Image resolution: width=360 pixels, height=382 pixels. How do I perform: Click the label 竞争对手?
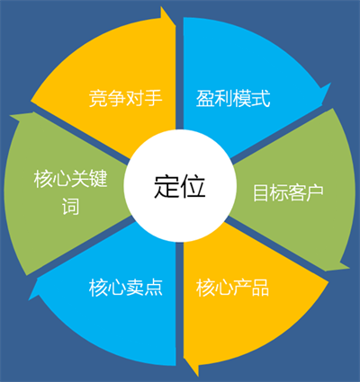pyautogui.click(x=125, y=98)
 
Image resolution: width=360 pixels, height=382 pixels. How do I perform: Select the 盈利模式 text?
pyautogui.click(x=233, y=98)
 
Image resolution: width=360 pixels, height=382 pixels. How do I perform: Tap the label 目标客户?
pyautogui.click(x=288, y=192)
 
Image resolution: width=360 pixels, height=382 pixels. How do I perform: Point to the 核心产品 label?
pyautogui.click(x=232, y=288)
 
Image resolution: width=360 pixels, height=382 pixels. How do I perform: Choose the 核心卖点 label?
pyautogui.click(x=125, y=288)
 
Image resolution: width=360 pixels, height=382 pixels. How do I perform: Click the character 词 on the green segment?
pyautogui.click(x=71, y=206)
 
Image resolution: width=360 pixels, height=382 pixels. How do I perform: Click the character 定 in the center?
pyautogui.click(x=166, y=186)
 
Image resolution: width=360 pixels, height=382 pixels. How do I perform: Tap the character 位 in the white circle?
pyautogui.click(x=193, y=186)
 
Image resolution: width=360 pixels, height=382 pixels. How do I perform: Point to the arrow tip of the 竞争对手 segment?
pyautogui.click(x=175, y=25)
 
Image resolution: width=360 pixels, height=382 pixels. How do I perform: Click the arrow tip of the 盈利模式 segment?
pyautogui.click(x=330, y=84)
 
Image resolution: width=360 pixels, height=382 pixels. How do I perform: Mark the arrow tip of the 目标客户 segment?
pyautogui.click(x=349, y=267)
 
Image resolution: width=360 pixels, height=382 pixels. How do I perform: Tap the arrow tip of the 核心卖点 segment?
pyautogui.click(x=29, y=299)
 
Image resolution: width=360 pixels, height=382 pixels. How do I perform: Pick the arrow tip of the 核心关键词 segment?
pyautogui.click(x=11, y=115)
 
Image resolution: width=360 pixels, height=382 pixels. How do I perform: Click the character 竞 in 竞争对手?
pyautogui.click(x=98, y=98)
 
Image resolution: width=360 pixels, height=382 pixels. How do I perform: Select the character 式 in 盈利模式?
pyautogui.click(x=261, y=98)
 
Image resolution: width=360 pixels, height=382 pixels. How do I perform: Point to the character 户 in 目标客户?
pyautogui.click(x=315, y=192)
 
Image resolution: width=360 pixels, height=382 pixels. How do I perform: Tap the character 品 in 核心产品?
pyautogui.click(x=260, y=288)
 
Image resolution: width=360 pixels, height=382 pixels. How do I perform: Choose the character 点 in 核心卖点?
pyautogui.click(x=153, y=288)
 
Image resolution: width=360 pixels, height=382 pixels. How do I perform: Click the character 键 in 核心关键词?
pyautogui.click(x=98, y=179)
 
